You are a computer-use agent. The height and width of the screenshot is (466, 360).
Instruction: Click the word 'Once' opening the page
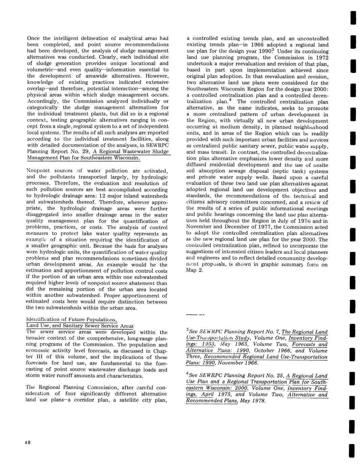[32, 38]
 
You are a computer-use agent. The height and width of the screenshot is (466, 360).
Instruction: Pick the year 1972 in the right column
[321, 57]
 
